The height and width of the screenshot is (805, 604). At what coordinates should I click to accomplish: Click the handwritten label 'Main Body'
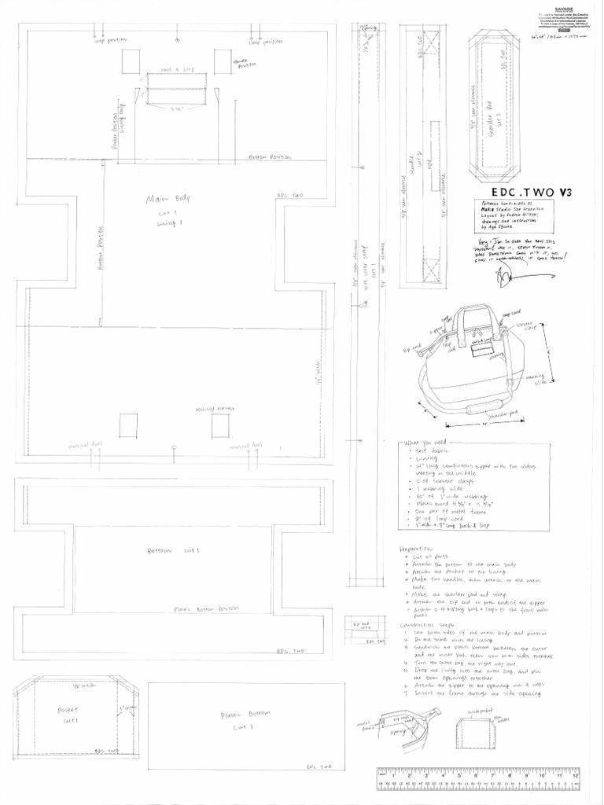pyautogui.click(x=164, y=199)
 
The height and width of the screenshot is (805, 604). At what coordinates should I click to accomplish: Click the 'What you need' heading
pyautogui.click(x=424, y=443)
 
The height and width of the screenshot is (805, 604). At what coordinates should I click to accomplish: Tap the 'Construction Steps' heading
pyautogui.click(x=425, y=625)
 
